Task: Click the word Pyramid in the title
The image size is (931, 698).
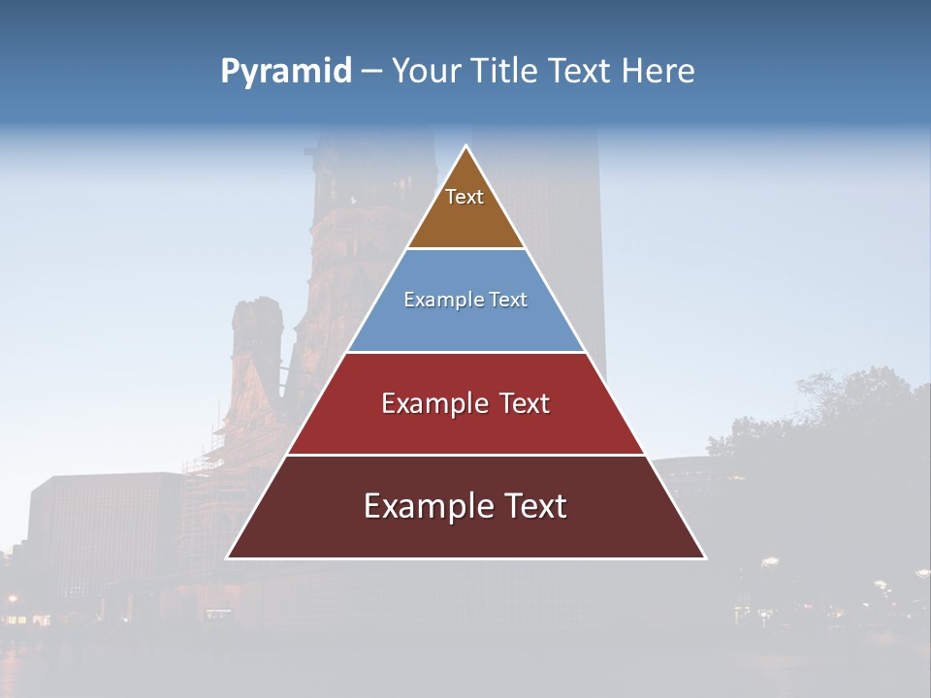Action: point(285,72)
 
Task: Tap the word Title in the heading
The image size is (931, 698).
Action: point(502,72)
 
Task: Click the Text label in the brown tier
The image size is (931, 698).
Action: point(465,197)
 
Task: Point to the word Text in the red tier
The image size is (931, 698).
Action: point(524,403)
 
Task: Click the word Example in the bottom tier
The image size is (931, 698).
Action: point(423,506)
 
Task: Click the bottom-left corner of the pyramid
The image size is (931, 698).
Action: point(228,557)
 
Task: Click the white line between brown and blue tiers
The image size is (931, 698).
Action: point(465,249)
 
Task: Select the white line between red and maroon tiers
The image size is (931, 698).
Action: point(465,455)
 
